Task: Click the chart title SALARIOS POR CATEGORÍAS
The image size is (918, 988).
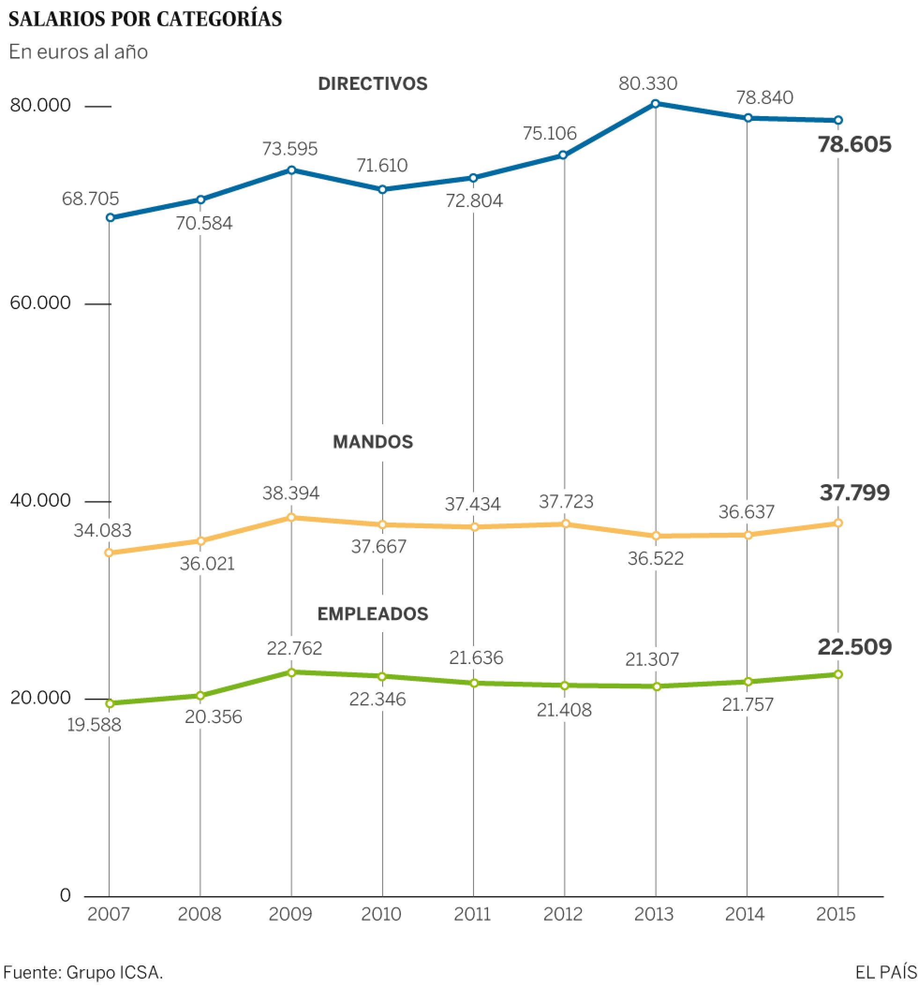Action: click(145, 19)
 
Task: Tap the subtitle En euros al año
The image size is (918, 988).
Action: click(79, 52)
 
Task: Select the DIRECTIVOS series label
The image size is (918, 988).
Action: click(372, 83)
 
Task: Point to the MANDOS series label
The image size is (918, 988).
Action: click(372, 442)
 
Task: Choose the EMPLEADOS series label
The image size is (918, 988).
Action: click(372, 614)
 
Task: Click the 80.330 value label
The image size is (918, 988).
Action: click(648, 83)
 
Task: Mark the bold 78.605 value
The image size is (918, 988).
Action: click(854, 145)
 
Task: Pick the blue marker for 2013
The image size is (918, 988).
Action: click(655, 103)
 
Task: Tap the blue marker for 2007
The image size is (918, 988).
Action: click(110, 218)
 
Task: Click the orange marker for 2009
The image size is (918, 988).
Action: click(292, 517)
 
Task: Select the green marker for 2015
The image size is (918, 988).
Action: click(838, 674)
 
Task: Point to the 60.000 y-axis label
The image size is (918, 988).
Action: click(40, 303)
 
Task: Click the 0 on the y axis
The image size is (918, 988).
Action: click(65, 896)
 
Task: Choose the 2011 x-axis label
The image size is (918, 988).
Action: click(472, 914)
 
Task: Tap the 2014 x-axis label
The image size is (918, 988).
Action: click(745, 914)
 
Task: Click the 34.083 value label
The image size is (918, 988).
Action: click(103, 531)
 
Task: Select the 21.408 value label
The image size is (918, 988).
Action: click(564, 710)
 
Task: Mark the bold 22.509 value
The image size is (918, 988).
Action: click(854, 647)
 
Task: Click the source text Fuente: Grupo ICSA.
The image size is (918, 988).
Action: click(83, 972)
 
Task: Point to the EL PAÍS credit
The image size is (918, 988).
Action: click(886, 972)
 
